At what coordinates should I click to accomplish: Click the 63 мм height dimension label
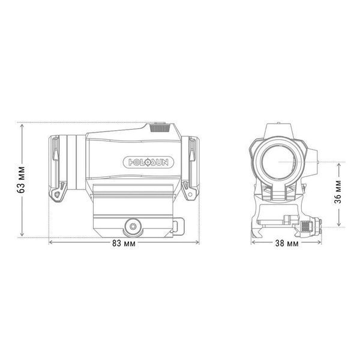click(x=21, y=179)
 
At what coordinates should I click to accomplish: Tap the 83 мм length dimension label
click(x=124, y=244)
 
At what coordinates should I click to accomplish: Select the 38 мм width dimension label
click(x=287, y=244)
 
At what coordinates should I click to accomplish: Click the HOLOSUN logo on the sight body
click(x=149, y=163)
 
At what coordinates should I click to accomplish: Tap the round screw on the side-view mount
click(x=133, y=226)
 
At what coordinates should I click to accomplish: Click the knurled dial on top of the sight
click(x=160, y=128)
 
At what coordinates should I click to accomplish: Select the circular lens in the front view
click(x=278, y=162)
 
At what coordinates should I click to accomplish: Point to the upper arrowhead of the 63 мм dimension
click(x=22, y=125)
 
